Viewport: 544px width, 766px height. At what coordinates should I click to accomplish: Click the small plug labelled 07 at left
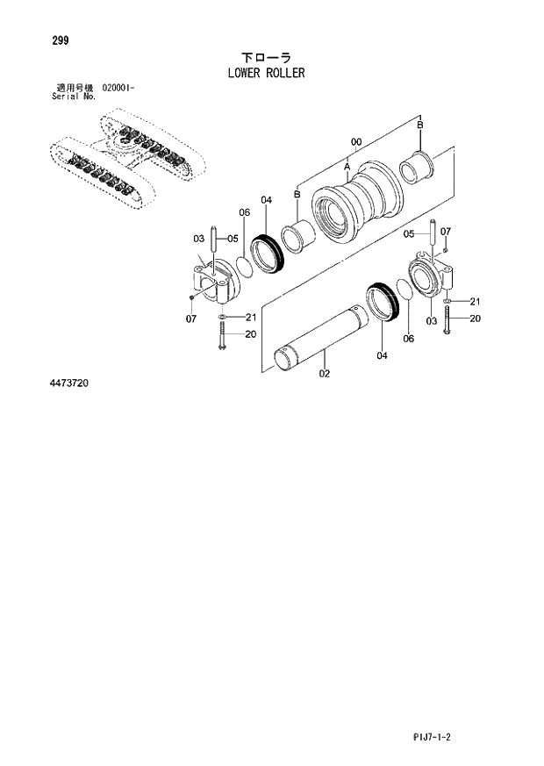click(x=191, y=298)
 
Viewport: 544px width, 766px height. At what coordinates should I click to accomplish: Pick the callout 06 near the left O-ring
click(x=245, y=213)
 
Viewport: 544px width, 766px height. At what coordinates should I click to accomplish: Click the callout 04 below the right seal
click(x=382, y=355)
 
